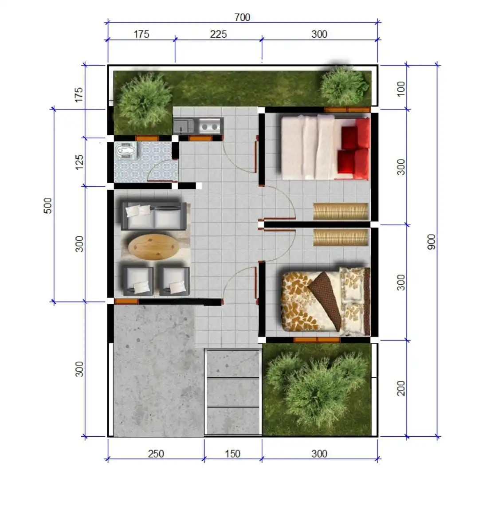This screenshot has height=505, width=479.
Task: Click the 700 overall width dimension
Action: pos(242,17)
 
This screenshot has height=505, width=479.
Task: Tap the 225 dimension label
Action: pos(218,34)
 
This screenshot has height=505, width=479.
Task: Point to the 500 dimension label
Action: pos(47,205)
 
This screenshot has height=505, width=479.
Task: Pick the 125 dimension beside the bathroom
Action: pos(79,162)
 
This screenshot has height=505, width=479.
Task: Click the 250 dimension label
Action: pos(156,454)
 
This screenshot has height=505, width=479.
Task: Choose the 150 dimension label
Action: pos(232,454)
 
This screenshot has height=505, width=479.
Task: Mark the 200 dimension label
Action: pos(400,388)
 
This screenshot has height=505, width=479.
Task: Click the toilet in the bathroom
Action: pos(126,151)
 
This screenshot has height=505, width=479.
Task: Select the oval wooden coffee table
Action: pos(153,247)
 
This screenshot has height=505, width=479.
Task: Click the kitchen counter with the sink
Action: pos(198,126)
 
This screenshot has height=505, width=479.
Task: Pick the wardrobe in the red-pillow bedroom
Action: pos(341,211)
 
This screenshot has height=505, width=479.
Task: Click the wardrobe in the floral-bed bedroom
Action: pos(341,237)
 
